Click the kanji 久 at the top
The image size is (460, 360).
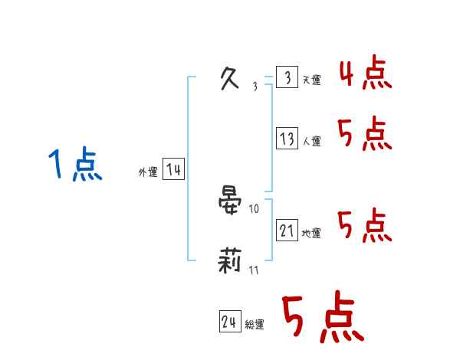[x=230, y=79]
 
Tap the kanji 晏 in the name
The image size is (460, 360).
[x=231, y=201]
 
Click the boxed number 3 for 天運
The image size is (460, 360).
[x=287, y=78]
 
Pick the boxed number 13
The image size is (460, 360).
[x=287, y=139]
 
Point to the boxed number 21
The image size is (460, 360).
[x=287, y=230]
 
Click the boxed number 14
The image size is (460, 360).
[x=173, y=169]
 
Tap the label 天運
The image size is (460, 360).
[x=312, y=80]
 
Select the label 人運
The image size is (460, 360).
[x=312, y=142]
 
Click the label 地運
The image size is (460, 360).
[x=312, y=233]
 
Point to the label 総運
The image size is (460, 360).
[x=255, y=325]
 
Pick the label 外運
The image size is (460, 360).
[x=148, y=172]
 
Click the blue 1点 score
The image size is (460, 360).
[x=75, y=165]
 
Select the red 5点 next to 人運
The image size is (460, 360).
[x=365, y=135]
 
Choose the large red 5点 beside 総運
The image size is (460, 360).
[x=322, y=318]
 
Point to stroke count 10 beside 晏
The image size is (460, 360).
[x=255, y=208]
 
